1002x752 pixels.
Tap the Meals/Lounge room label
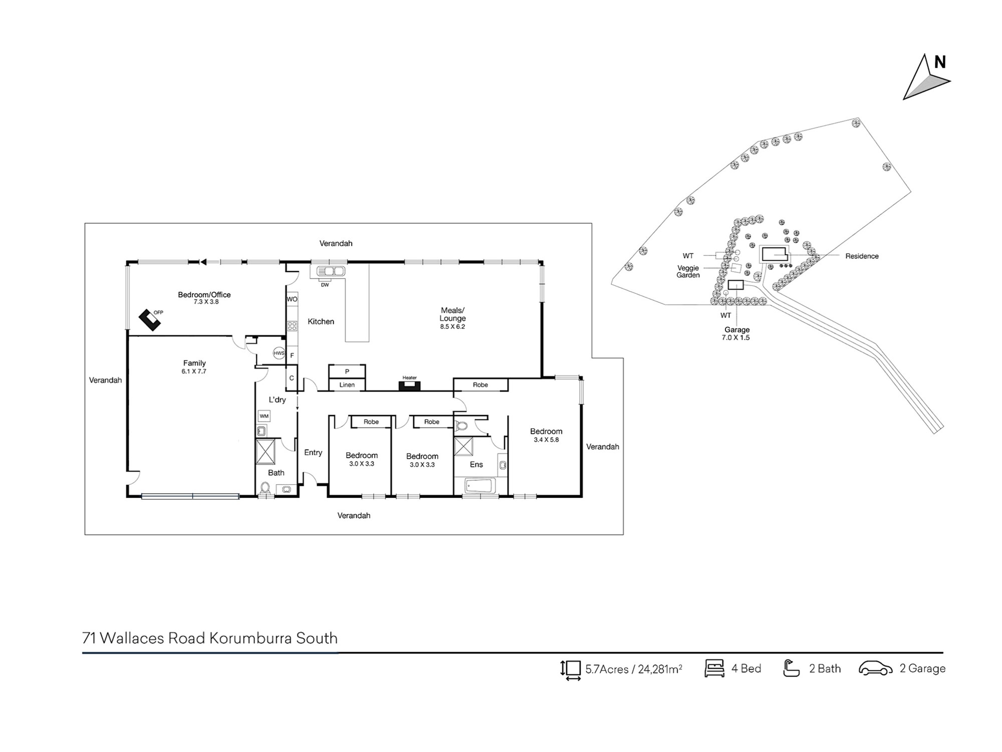[x=452, y=314]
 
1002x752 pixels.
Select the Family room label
[x=194, y=363]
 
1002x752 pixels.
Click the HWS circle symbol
[x=279, y=353]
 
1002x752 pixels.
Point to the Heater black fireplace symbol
[x=409, y=386]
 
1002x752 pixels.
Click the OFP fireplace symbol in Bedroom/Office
[x=150, y=320]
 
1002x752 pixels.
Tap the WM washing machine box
[x=264, y=416]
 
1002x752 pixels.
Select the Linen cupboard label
[x=347, y=385]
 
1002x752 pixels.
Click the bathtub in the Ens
[x=480, y=486]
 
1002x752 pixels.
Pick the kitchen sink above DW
[x=331, y=271]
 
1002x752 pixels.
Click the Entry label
[x=313, y=453]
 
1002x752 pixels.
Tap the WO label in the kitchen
[x=292, y=299]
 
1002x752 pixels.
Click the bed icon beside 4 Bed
[x=714, y=668]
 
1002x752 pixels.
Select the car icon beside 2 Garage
[x=876, y=669]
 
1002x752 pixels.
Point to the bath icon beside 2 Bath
[x=791, y=668]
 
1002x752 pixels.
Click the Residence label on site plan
[x=862, y=256]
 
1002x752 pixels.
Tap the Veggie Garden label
[x=688, y=271]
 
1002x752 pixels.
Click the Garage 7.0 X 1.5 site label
[x=736, y=333]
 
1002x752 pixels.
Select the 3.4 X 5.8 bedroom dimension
[x=546, y=440]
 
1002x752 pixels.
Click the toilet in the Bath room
[x=265, y=488]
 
